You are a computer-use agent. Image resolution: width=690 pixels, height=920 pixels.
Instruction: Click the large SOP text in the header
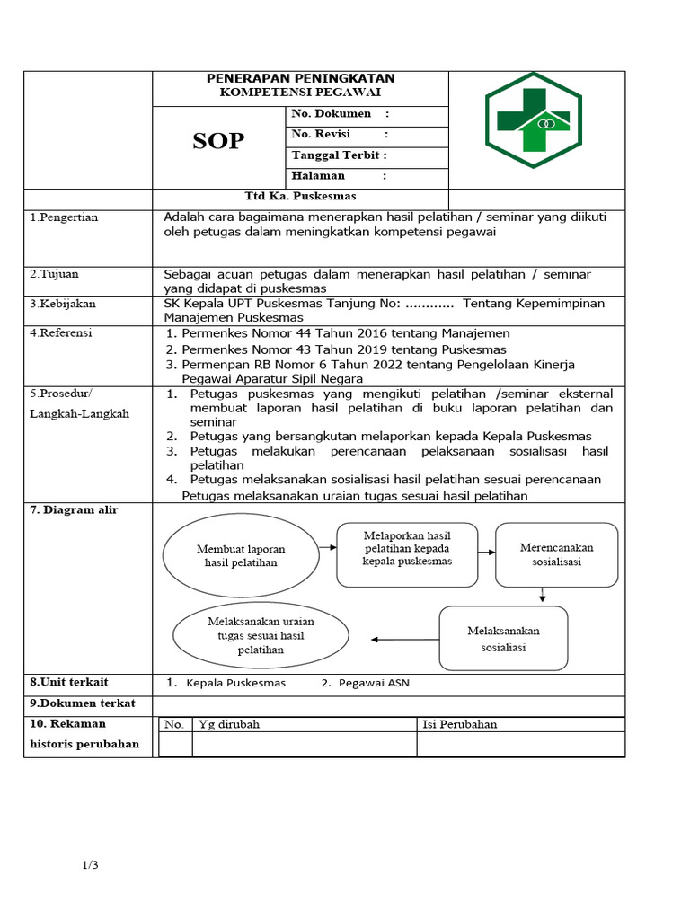[x=218, y=140]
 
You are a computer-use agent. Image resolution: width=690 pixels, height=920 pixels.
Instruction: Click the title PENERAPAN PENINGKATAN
[x=300, y=79]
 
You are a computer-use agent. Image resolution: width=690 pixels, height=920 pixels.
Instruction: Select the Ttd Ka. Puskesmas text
[x=300, y=196]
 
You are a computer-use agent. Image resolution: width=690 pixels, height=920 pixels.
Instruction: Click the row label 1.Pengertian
[x=65, y=217]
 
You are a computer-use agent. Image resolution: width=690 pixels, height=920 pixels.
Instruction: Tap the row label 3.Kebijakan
[x=63, y=304]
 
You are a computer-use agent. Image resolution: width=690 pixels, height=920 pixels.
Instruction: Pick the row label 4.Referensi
[x=62, y=332]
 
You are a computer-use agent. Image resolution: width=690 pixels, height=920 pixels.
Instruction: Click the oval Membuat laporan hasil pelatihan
[x=240, y=555]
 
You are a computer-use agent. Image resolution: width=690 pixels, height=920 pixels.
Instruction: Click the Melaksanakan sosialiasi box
[x=503, y=639]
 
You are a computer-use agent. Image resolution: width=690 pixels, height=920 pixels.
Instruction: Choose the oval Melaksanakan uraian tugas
[x=261, y=635]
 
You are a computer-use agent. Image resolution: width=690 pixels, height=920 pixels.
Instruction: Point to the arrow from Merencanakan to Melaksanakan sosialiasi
[x=542, y=596]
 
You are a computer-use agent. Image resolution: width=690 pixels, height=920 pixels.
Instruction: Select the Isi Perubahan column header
[x=459, y=724]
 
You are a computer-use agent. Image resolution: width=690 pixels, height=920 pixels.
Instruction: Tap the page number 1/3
[x=90, y=865]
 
